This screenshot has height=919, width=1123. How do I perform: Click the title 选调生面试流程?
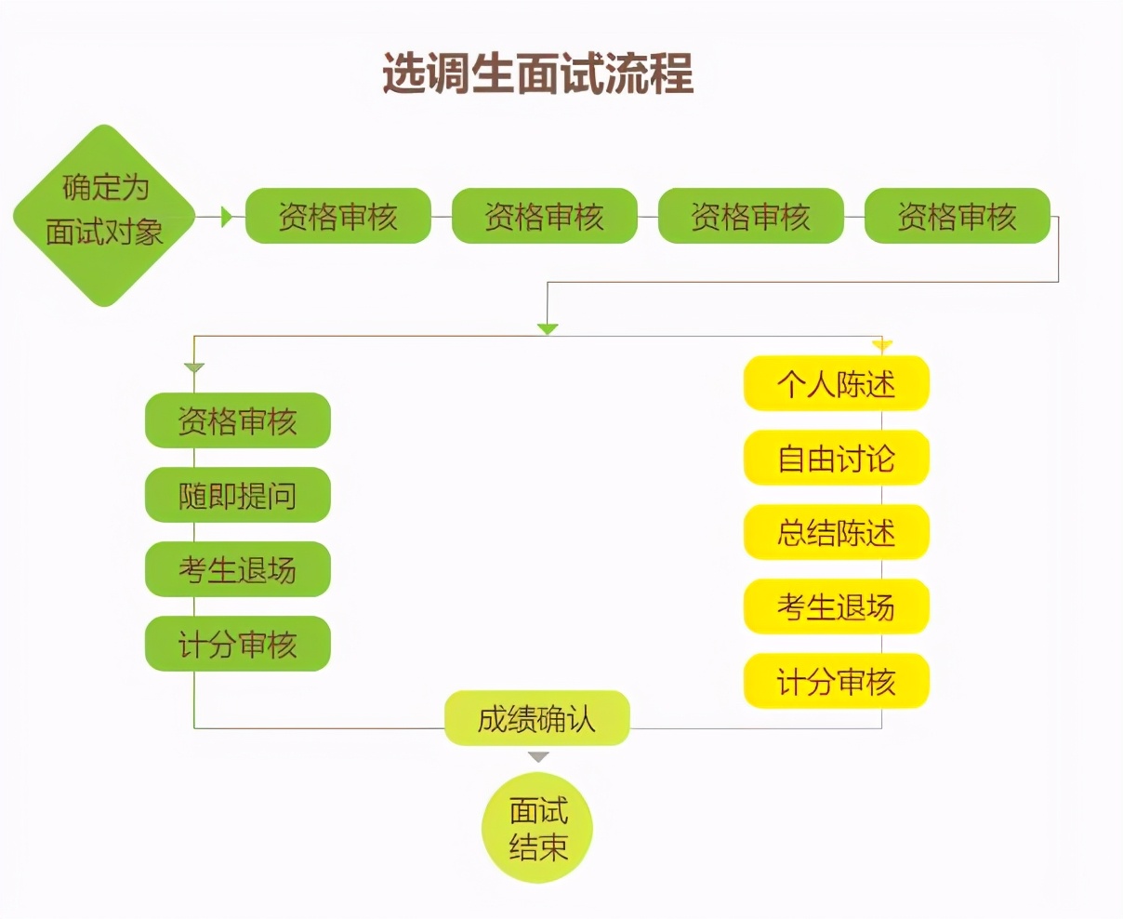538,73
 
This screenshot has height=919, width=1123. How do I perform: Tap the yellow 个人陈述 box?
836,383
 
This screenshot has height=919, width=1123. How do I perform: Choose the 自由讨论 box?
836,458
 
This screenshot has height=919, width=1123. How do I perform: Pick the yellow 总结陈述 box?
836,532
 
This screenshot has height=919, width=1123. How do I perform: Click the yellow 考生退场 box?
836,606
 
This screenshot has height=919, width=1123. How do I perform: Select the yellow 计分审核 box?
836,681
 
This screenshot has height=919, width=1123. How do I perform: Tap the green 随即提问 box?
237,495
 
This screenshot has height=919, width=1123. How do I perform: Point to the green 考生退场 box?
237,569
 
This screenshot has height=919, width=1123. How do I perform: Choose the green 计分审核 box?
237,644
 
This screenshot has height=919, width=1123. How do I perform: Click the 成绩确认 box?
536,718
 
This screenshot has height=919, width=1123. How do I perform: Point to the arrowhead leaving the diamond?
227,217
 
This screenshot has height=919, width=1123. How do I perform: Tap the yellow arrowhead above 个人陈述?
882,346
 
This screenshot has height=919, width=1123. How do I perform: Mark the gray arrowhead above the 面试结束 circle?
538,758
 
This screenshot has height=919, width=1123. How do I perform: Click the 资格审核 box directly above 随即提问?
237,420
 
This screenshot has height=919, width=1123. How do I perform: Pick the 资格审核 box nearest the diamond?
338,216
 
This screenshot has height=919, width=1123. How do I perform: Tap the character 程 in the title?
671,73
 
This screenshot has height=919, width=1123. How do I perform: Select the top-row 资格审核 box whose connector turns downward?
957,216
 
